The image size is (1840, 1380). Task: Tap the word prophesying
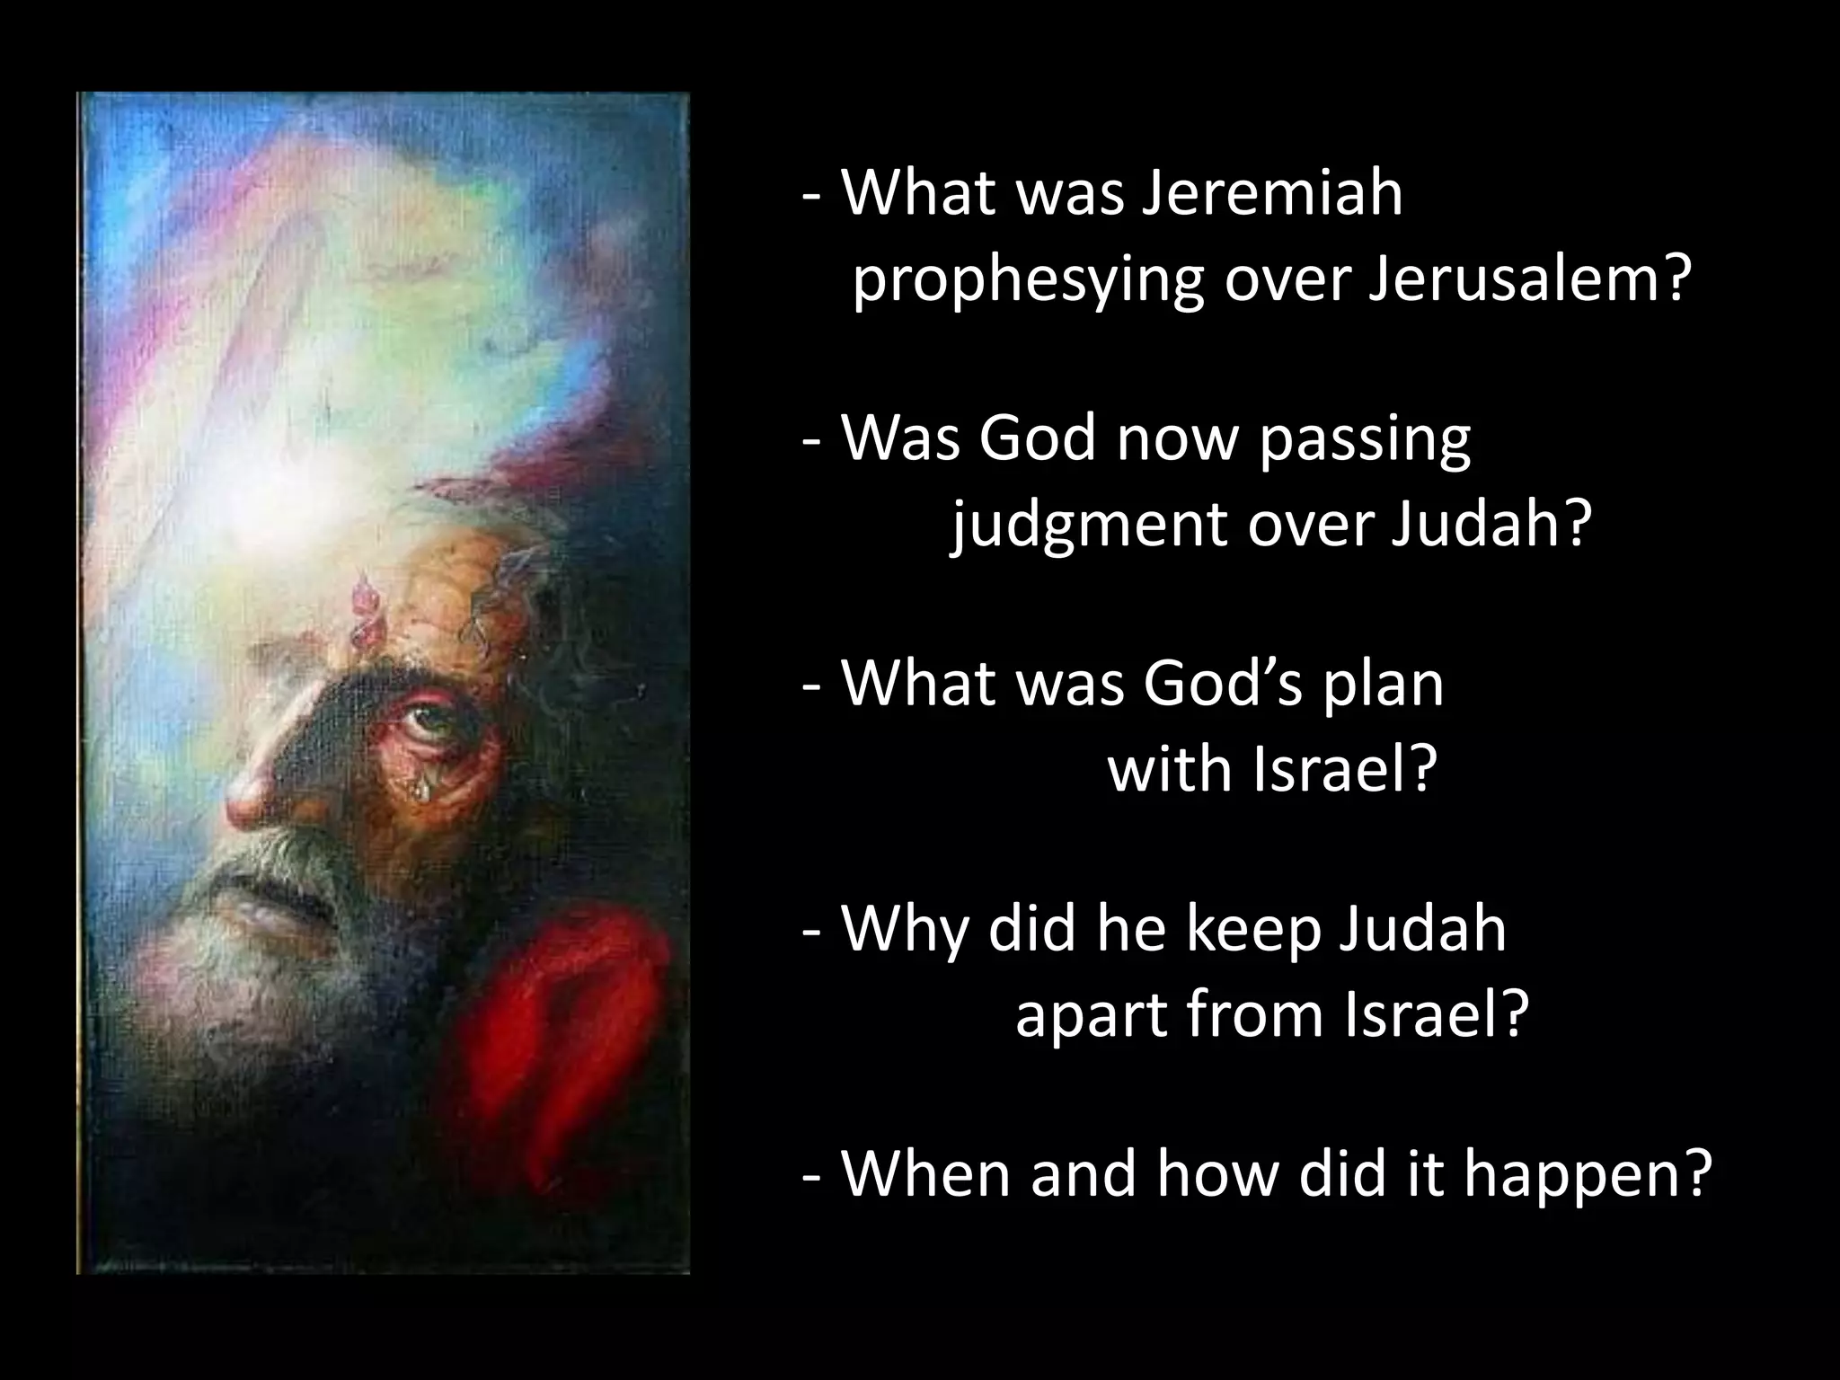click(x=1026, y=280)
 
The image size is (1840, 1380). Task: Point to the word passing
click(x=1364, y=439)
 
